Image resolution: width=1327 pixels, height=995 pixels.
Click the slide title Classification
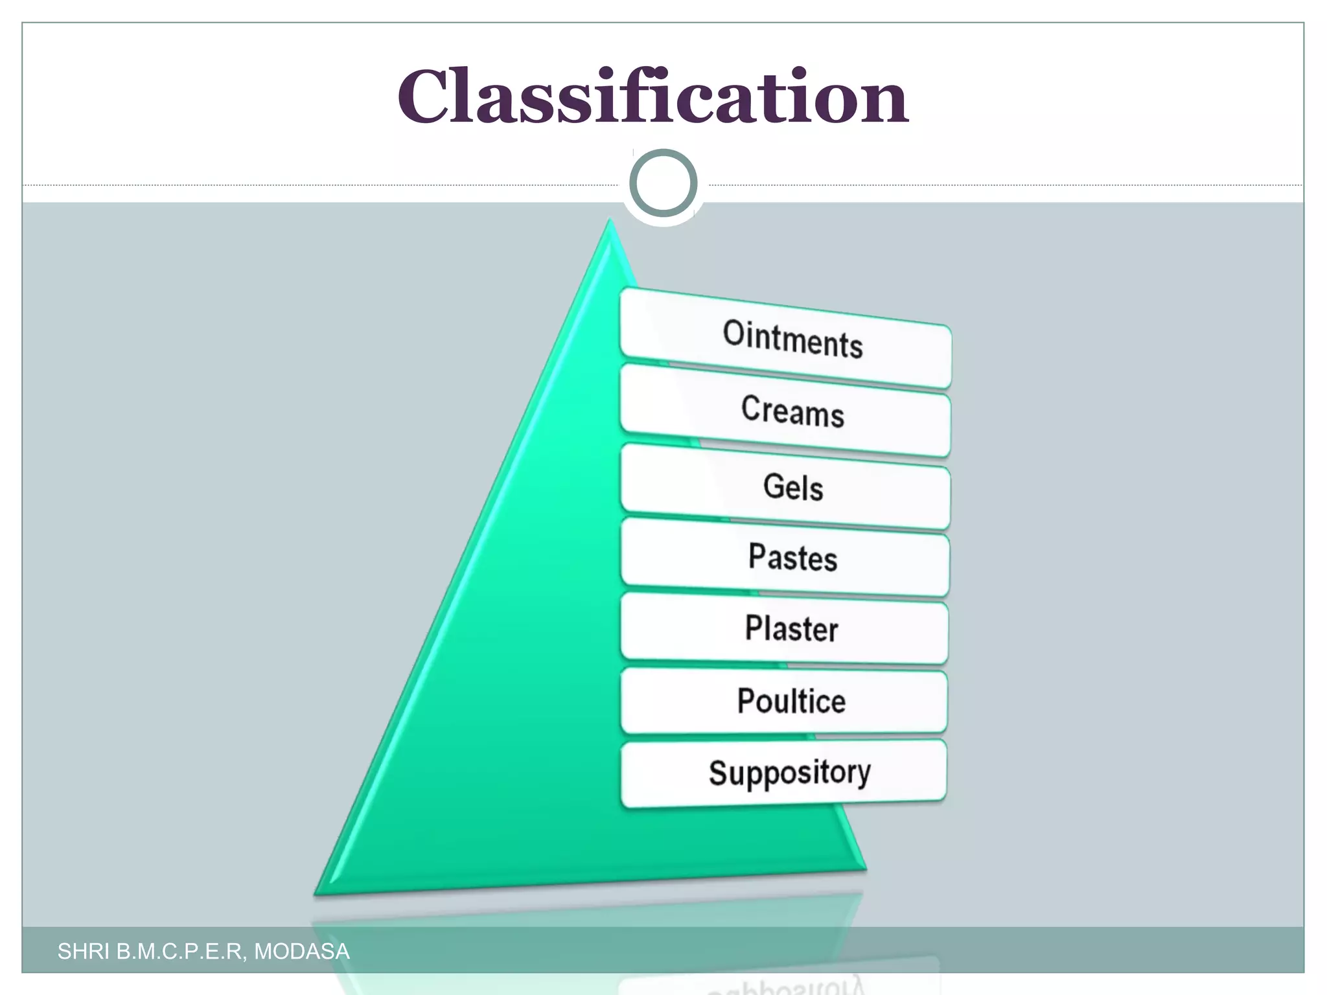pos(652,97)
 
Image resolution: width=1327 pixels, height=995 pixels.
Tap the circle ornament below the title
pos(663,183)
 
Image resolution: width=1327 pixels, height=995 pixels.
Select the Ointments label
pos(792,339)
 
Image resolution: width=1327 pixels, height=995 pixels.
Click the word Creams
pos(792,411)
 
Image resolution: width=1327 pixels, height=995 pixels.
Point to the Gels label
pos(792,486)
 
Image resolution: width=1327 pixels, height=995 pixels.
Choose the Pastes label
pos(792,557)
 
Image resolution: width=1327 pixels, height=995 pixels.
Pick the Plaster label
pos(791,628)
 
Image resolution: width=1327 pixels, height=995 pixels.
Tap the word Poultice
pos(791,701)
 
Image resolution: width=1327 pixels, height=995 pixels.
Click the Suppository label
pos(789,773)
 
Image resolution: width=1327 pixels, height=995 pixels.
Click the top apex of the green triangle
pos(609,223)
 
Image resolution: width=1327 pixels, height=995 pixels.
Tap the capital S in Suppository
pos(719,773)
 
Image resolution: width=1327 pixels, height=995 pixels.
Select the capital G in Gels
pos(774,485)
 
